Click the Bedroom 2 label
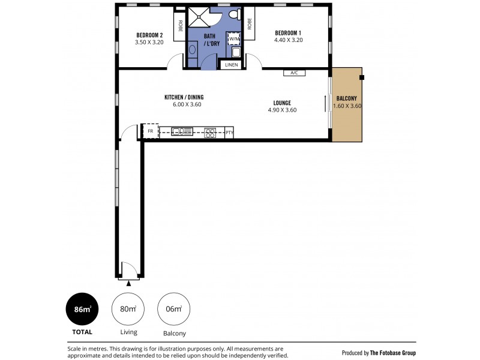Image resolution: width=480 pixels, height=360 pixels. coord(149,35)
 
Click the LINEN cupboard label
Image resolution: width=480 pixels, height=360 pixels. coord(232,64)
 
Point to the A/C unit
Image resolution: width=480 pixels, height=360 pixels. coord(294,73)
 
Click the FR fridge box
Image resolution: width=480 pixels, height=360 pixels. coord(150,131)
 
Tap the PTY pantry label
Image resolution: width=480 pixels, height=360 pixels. coord(229,133)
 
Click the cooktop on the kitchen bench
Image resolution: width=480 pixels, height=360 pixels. coord(210,133)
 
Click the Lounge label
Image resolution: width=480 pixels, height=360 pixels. coord(282,103)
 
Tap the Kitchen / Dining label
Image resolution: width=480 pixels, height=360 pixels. coord(183,97)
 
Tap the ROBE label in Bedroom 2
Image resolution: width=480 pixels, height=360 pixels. coord(179,25)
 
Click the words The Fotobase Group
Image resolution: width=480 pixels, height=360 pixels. coord(392,353)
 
